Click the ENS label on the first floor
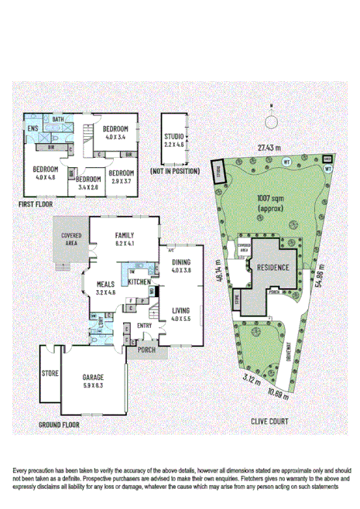[33, 128]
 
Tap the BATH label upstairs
[57, 120]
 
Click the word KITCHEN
[139, 282]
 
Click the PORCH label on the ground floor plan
[146, 350]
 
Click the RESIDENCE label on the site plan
[269, 268]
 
